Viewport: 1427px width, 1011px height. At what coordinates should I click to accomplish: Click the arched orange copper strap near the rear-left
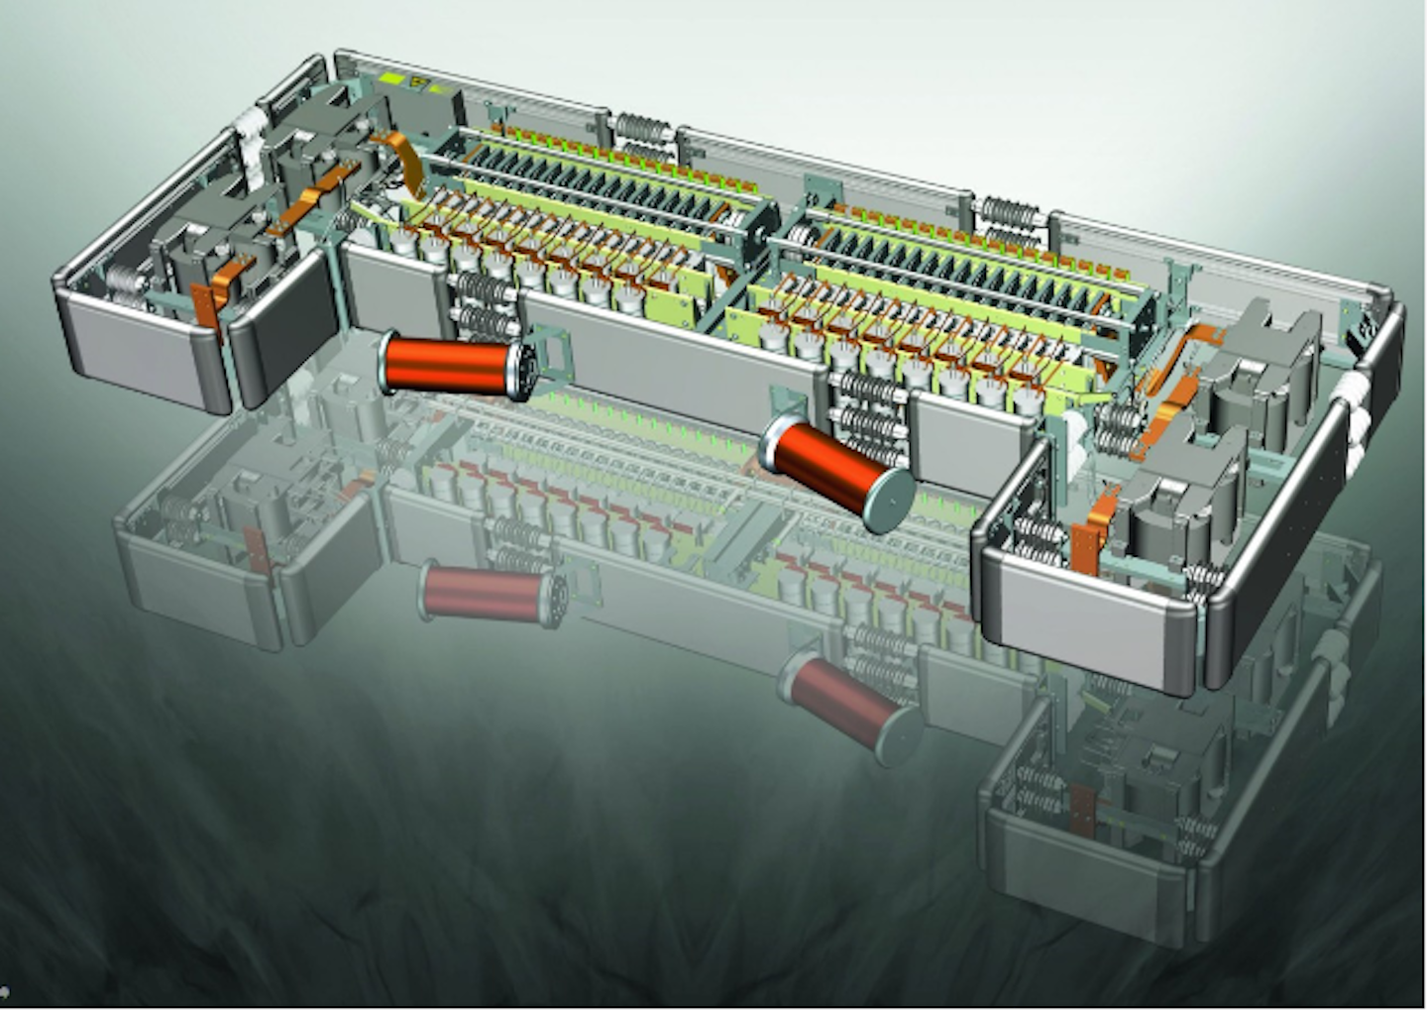point(407,159)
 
